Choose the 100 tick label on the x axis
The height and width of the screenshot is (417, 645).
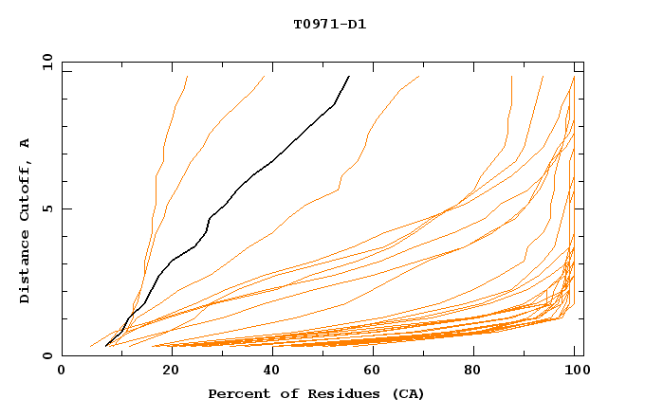tap(575, 371)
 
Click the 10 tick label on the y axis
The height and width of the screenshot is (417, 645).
tap(46, 62)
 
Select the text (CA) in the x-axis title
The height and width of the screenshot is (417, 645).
tap(409, 393)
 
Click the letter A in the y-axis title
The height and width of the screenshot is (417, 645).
tap(26, 143)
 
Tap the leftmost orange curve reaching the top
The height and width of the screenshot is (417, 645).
tap(187, 77)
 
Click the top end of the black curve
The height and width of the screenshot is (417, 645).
tap(349, 77)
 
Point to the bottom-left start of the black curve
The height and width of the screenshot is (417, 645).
tap(106, 346)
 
